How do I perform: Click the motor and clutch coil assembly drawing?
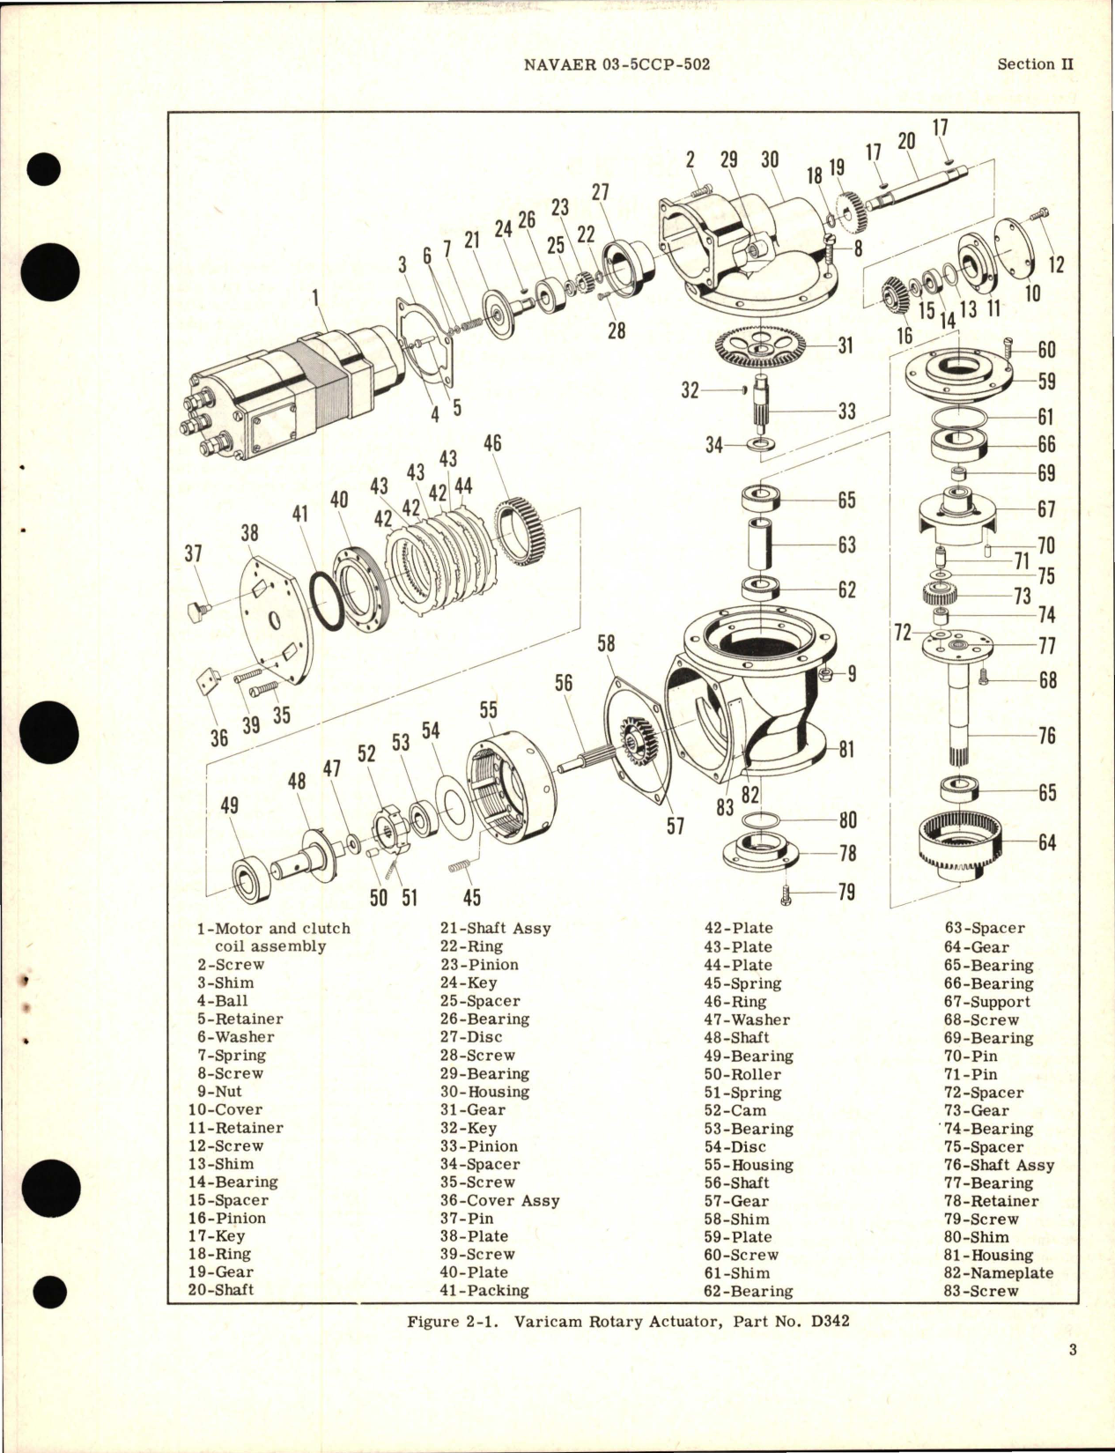291,388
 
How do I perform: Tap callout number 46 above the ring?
492,442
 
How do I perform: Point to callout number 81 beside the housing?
846,750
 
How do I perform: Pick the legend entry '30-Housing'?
484,1092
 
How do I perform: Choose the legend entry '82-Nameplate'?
998,1273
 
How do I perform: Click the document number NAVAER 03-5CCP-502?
616,64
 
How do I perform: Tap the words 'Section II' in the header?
1036,64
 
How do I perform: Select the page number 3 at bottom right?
1073,1349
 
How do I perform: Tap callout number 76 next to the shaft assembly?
1046,735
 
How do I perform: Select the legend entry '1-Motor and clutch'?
273,929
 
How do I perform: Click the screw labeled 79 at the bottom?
786,895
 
